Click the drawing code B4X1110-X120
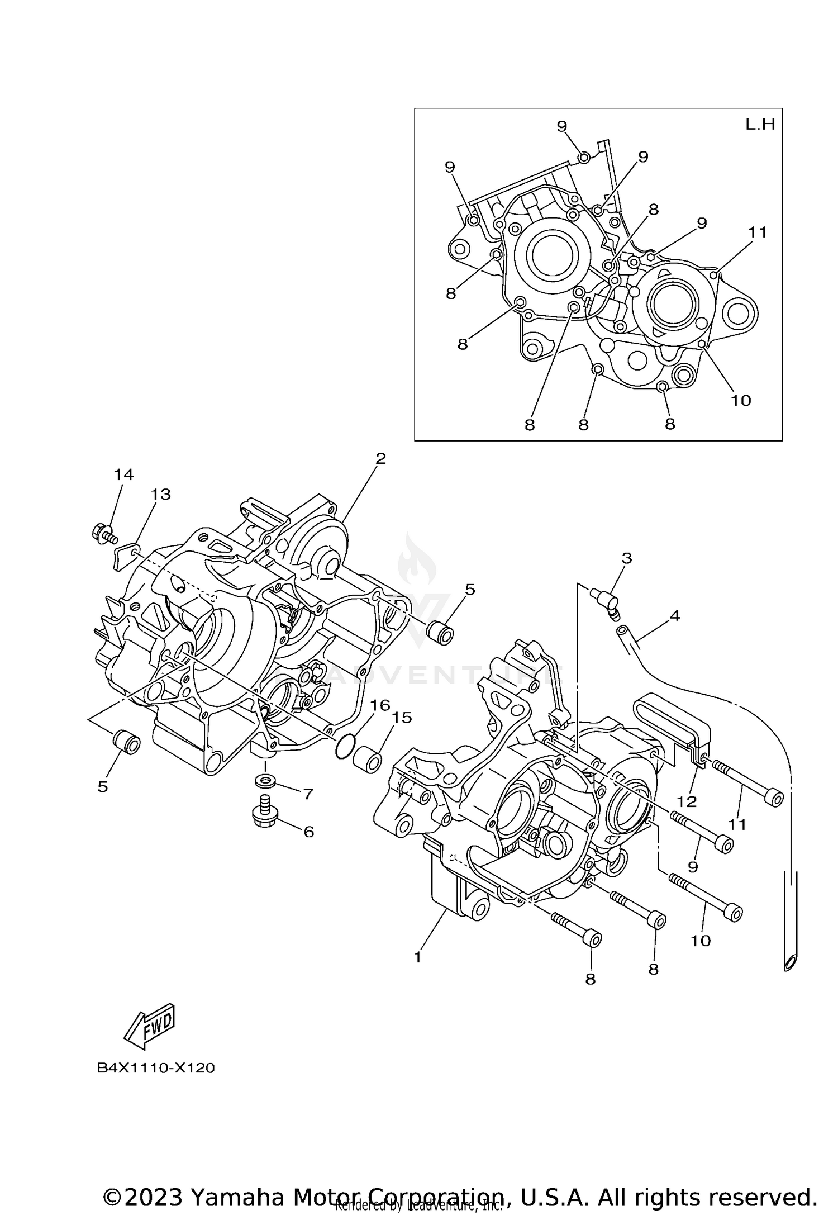(x=156, y=1068)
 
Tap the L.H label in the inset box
(x=760, y=125)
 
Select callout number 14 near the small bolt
(x=124, y=474)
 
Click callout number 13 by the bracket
(x=161, y=494)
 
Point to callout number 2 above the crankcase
(x=380, y=458)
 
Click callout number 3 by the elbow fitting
(x=626, y=558)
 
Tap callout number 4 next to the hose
(x=675, y=615)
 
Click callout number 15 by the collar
(x=402, y=718)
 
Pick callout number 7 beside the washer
(x=308, y=794)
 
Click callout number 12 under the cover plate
(x=687, y=801)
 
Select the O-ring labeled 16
(x=345, y=748)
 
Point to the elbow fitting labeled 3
(x=607, y=604)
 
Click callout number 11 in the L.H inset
(x=758, y=232)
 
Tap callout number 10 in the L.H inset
(x=741, y=400)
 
